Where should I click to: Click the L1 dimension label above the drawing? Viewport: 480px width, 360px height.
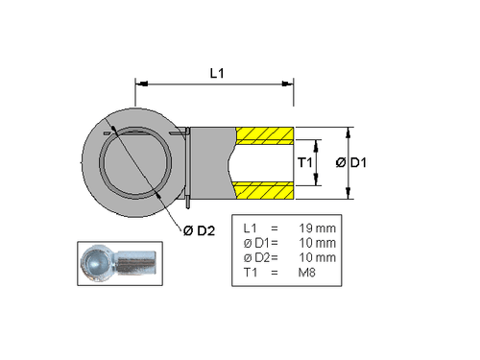point(216,73)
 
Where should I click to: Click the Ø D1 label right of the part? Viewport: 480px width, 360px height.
point(350,163)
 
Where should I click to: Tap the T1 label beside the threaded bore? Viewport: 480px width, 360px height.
point(304,163)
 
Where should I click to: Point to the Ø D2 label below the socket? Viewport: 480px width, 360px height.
point(198,229)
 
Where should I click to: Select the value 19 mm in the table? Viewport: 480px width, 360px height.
point(317,228)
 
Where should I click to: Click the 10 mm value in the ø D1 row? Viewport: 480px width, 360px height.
point(317,243)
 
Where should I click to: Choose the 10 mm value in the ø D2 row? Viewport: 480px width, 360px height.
point(317,258)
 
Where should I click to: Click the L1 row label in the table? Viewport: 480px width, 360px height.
point(252,228)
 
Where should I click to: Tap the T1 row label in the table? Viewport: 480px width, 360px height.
point(252,274)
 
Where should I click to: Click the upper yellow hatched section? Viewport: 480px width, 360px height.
point(263,136)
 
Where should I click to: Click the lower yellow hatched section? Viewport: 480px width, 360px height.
point(263,189)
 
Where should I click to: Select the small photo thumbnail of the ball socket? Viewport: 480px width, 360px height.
point(116,262)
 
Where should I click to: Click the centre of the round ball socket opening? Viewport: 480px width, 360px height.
point(138,163)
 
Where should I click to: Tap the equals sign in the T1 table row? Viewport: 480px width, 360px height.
point(275,274)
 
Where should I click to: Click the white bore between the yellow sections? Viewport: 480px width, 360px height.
point(261,163)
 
